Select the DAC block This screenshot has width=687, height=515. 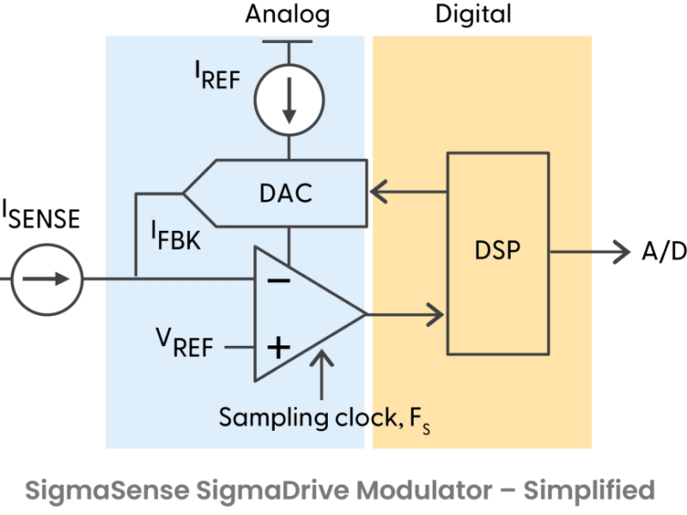point(285,193)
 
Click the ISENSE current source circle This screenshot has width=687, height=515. point(46,279)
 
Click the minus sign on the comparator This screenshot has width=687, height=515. point(277,279)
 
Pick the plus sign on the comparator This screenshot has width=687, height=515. point(277,347)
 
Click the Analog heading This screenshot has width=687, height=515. point(287,15)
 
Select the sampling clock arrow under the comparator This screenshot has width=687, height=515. point(322,373)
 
